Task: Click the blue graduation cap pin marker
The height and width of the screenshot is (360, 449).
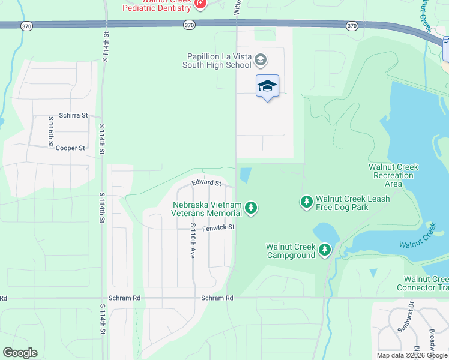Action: coord(267,86)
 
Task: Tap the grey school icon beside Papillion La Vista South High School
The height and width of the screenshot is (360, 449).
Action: coord(261,59)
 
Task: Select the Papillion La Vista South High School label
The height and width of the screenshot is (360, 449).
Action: coord(217,60)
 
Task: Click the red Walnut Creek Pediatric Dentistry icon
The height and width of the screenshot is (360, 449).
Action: coord(200,4)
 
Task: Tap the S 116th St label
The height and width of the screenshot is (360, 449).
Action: coord(51,131)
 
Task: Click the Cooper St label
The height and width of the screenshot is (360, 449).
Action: coord(70,148)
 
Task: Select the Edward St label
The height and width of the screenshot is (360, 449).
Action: coord(206,182)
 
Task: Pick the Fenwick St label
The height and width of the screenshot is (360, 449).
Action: coord(218,227)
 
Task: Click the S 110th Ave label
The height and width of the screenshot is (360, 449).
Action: coord(193,241)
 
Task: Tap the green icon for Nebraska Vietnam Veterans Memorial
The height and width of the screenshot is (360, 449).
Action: coord(251,208)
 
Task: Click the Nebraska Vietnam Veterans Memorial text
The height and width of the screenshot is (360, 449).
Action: coord(207,209)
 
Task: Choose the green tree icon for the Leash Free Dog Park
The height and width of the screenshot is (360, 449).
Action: coord(307,202)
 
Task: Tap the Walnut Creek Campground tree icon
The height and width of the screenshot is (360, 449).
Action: coord(325,249)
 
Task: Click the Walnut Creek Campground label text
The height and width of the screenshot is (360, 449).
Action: coord(291,251)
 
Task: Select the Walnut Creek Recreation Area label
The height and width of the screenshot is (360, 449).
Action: coord(393,175)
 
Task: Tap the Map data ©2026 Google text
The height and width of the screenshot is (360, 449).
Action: coord(412,355)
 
